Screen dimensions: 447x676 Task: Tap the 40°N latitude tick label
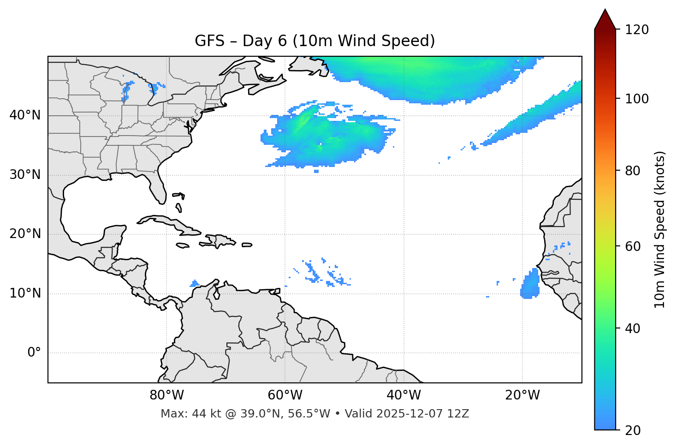click(25, 115)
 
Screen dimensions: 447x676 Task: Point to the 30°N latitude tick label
click(25, 175)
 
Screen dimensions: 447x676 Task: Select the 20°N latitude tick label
click(25, 234)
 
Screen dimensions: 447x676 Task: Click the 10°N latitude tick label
click(25, 293)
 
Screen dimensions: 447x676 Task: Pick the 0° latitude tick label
click(34, 353)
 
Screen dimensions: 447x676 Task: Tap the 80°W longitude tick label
click(166, 395)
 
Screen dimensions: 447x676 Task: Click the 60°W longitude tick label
click(285, 395)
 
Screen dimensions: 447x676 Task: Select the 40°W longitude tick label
click(403, 395)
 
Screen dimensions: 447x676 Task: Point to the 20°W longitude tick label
click(522, 395)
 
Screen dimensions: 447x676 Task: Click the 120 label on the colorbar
click(636, 30)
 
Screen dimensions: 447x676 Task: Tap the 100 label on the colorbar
click(636, 99)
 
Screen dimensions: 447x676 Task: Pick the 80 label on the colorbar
click(633, 171)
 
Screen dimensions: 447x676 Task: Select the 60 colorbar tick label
click(633, 246)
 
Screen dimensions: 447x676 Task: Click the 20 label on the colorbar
click(633, 430)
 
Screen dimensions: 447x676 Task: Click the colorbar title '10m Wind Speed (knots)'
click(660, 229)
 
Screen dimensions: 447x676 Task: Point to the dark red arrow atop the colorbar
click(605, 20)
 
